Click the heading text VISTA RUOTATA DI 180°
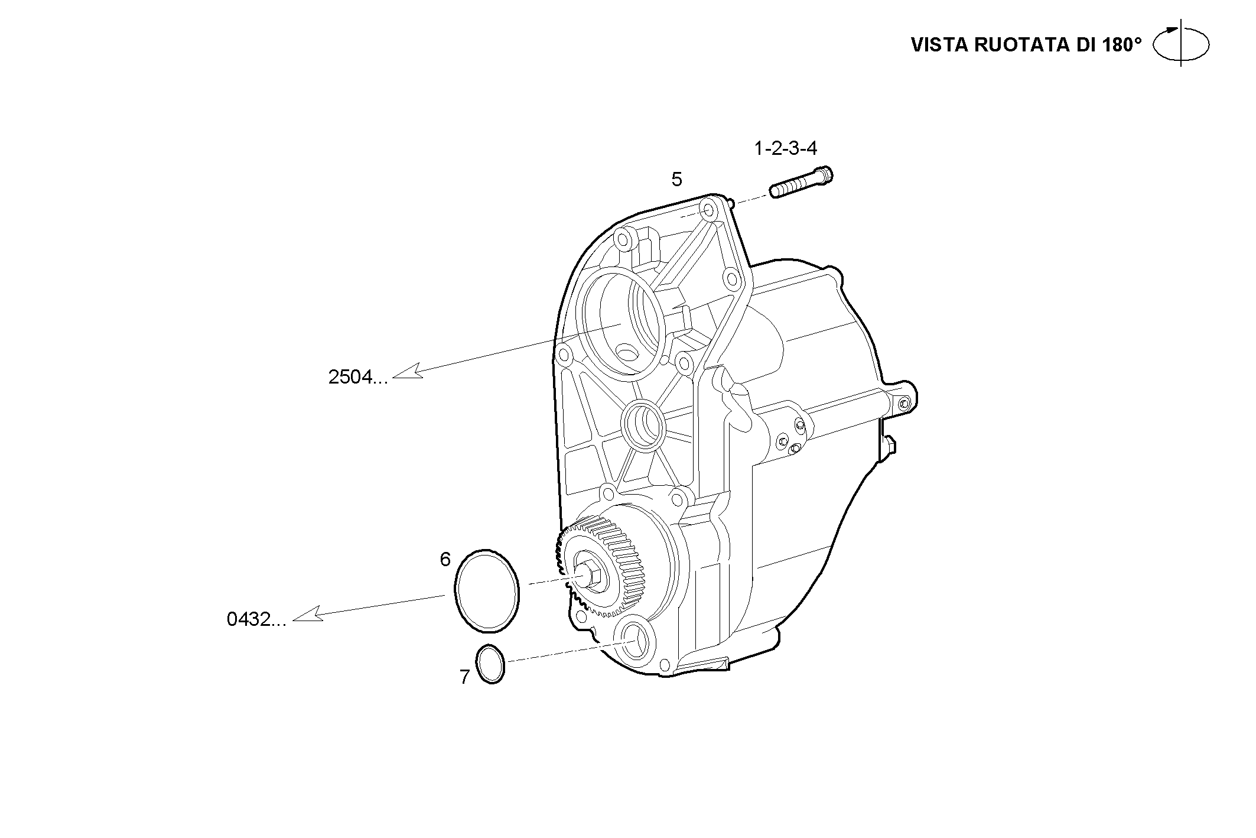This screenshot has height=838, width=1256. point(1026,45)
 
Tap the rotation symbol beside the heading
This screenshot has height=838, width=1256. point(1181,44)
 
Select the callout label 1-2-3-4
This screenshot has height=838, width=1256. point(785,148)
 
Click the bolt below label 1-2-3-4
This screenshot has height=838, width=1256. point(801,182)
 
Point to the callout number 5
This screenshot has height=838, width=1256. point(676,179)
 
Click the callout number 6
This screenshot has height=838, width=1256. point(445,559)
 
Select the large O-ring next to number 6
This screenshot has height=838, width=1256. point(486,589)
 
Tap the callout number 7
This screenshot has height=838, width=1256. point(464,677)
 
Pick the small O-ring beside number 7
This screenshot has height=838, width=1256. point(490,664)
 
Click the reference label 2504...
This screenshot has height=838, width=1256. point(357,377)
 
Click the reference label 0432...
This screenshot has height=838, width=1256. point(256,619)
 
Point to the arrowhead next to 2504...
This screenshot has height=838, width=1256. point(408,371)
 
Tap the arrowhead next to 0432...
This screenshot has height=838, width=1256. point(307,614)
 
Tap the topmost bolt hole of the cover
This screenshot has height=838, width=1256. point(707,210)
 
